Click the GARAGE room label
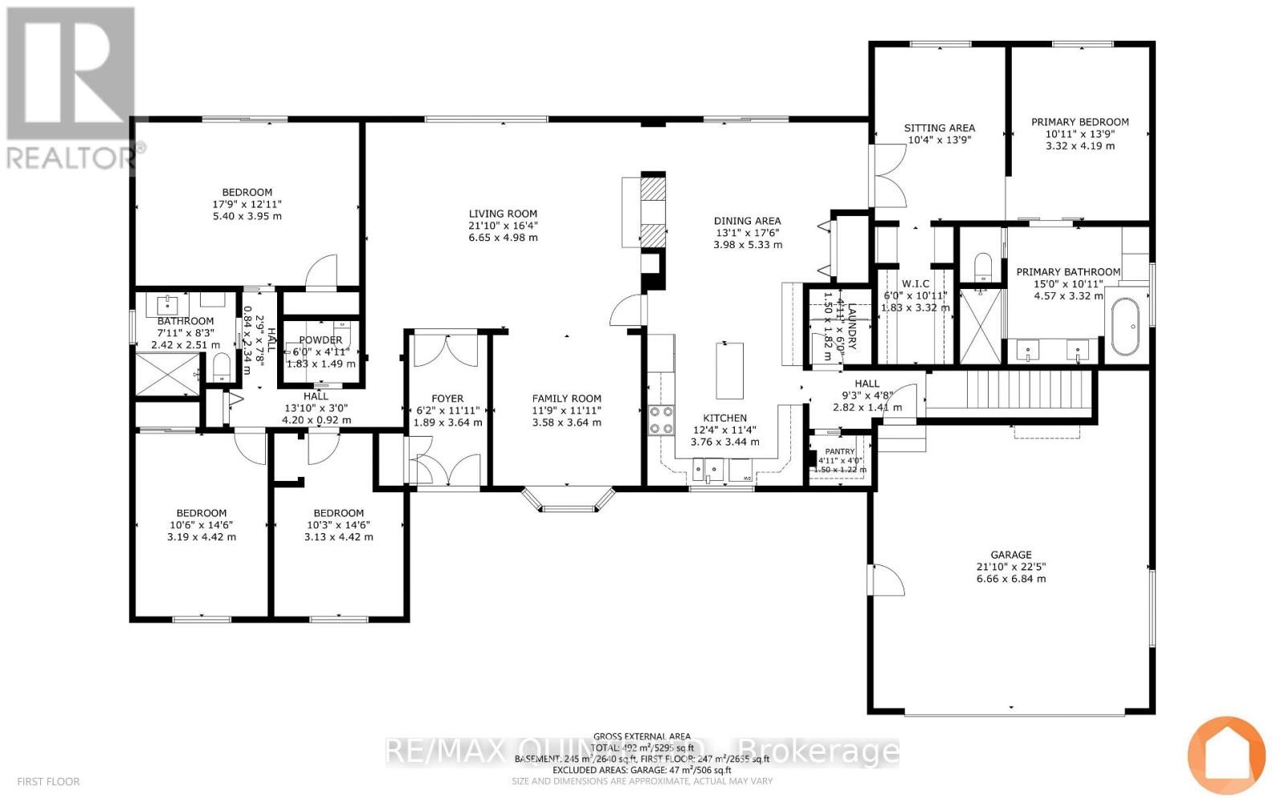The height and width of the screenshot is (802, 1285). click(x=1010, y=555)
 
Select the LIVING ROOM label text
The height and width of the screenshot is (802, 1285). click(x=503, y=214)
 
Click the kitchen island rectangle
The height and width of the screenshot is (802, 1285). click(x=729, y=370)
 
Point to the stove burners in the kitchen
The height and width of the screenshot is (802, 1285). click(x=661, y=418)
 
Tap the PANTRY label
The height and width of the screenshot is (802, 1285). click(x=840, y=452)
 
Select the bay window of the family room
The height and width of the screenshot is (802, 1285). click(x=567, y=498)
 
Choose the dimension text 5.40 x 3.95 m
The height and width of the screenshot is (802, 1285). click(x=247, y=217)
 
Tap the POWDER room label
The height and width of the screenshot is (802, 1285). click(x=320, y=340)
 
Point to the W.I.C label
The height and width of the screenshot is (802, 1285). click(x=915, y=283)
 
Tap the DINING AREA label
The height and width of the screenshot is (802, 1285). click(x=747, y=221)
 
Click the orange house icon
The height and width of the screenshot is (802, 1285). click(x=1226, y=754)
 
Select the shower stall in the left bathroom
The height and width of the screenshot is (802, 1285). click(x=165, y=374)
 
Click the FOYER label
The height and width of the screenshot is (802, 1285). click(x=447, y=398)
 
